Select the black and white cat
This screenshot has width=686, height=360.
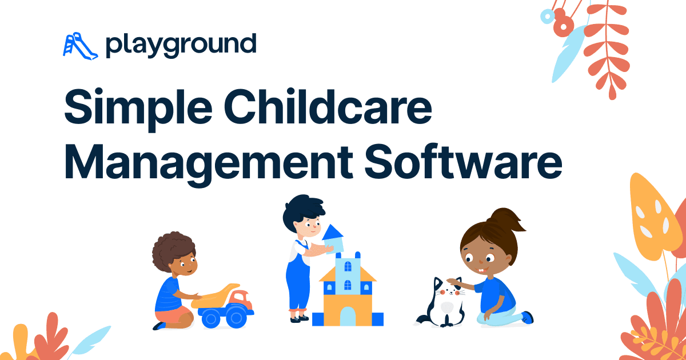tap(443, 303)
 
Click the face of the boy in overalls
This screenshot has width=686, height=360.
tap(309, 228)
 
